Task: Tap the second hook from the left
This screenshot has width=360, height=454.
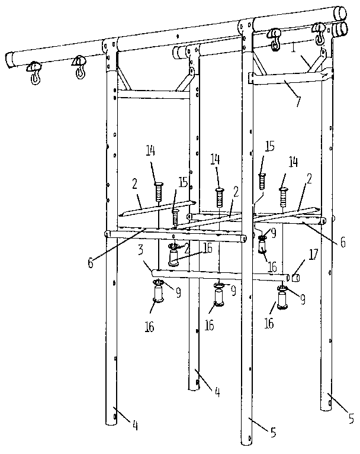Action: [79, 67]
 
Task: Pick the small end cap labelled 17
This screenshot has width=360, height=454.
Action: [295, 276]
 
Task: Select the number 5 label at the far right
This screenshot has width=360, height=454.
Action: [349, 417]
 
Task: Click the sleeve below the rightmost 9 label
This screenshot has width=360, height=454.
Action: [281, 300]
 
